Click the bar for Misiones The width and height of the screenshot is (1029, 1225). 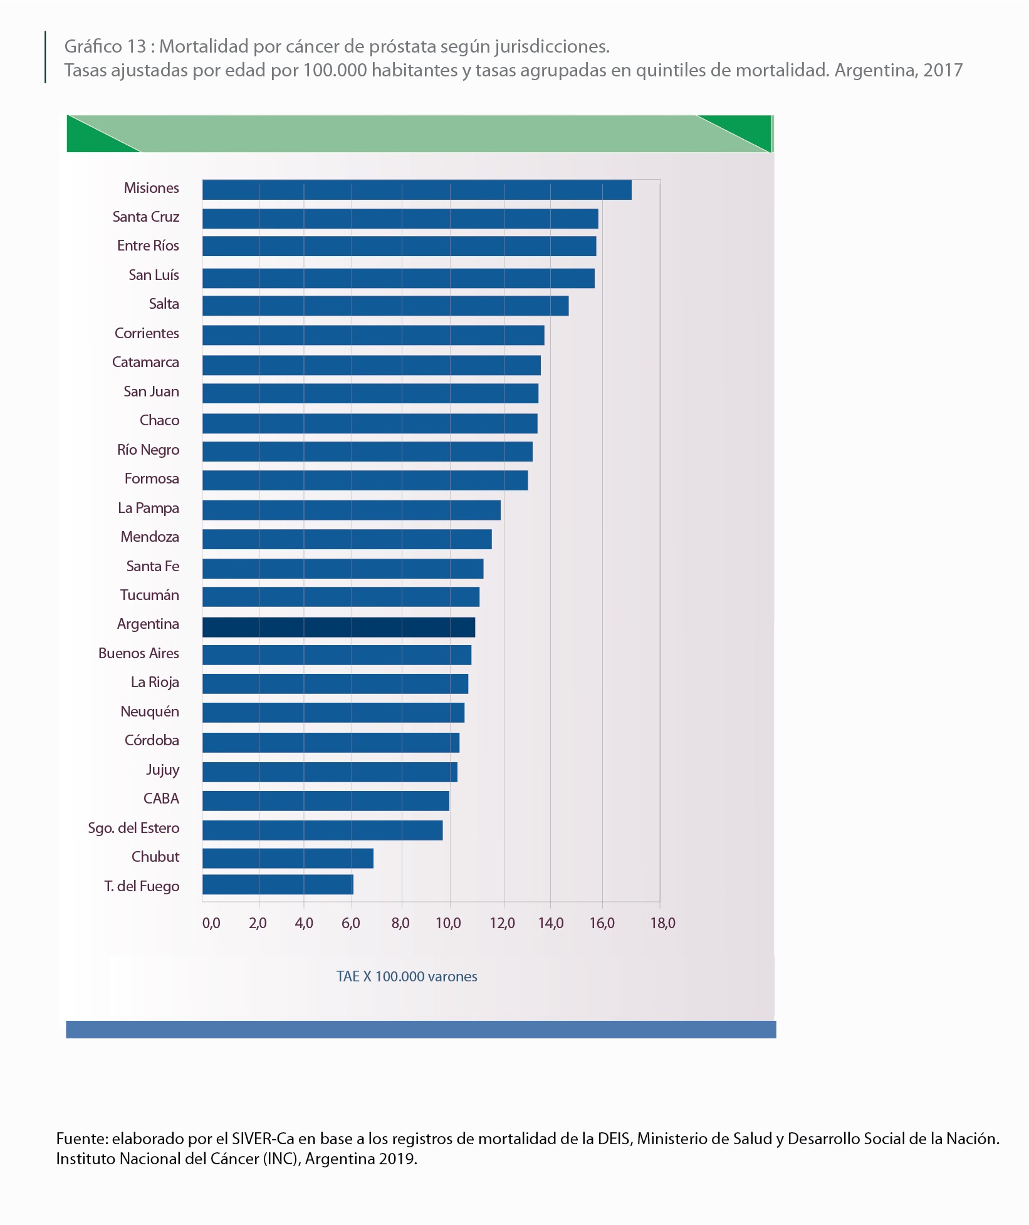417,190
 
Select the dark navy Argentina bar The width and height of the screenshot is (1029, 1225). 338,627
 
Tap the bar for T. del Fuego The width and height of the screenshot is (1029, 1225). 278,885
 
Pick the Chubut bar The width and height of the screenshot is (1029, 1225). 288,858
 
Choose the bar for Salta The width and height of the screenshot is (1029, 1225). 385,306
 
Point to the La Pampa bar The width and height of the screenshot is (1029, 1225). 351,510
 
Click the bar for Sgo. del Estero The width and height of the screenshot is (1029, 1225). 322,830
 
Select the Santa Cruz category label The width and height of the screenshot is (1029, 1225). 146,217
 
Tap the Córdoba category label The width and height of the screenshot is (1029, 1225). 152,740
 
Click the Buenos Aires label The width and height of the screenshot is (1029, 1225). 138,653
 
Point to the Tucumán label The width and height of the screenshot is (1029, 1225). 150,595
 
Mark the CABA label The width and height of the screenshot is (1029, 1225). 161,799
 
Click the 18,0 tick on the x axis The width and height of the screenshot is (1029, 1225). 662,923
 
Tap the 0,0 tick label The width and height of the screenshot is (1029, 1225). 211,923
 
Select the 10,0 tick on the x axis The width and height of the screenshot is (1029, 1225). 448,923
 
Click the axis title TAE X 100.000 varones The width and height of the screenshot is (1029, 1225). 407,976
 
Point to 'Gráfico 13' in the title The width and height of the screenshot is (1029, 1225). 105,46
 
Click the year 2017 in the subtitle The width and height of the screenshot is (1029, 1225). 943,70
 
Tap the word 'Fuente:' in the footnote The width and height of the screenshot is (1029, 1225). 82,1139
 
